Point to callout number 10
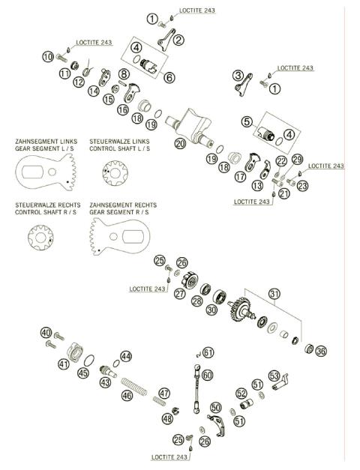(x=48, y=57)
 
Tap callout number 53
(x=274, y=376)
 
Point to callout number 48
(x=166, y=420)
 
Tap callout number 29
(x=297, y=159)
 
